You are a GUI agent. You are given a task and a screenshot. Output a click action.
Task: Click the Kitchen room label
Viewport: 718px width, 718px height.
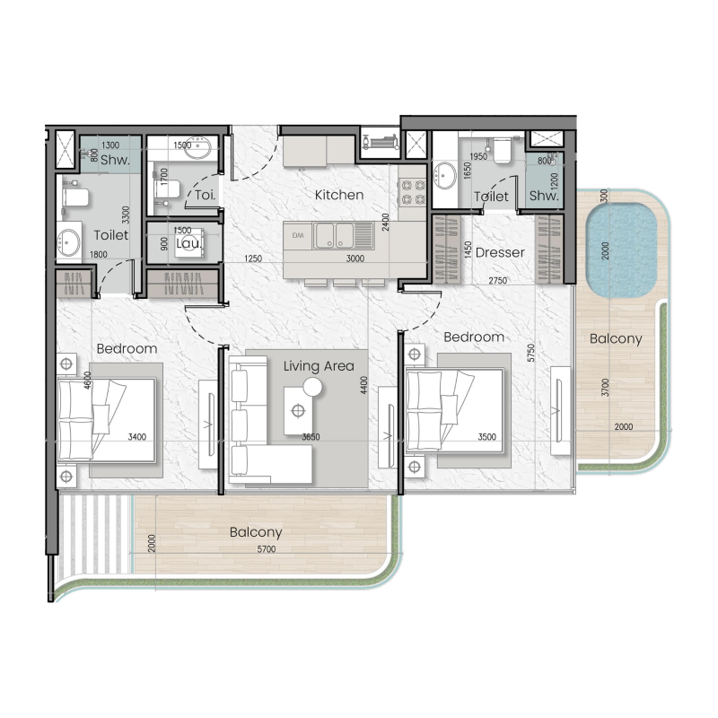click(338, 195)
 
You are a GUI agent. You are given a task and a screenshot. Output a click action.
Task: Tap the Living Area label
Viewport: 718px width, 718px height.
click(319, 365)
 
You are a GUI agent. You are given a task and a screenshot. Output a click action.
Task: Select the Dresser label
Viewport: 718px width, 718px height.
click(499, 252)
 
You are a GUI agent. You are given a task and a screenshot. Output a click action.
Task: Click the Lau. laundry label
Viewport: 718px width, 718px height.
click(187, 243)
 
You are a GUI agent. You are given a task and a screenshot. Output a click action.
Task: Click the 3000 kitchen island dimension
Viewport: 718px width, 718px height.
click(355, 259)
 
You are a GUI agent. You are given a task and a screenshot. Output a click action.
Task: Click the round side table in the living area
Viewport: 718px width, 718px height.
click(312, 387)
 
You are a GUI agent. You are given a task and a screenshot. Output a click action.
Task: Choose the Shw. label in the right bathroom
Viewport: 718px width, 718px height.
click(544, 196)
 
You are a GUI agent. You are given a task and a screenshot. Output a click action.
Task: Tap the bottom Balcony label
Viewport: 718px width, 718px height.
click(257, 531)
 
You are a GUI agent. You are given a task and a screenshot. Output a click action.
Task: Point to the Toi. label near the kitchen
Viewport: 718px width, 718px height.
click(204, 194)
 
